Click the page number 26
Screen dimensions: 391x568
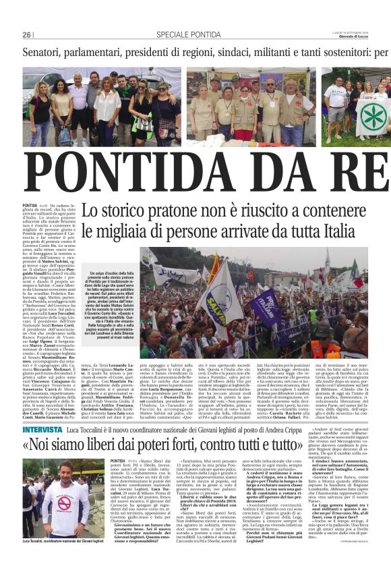click(x=27, y=34)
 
